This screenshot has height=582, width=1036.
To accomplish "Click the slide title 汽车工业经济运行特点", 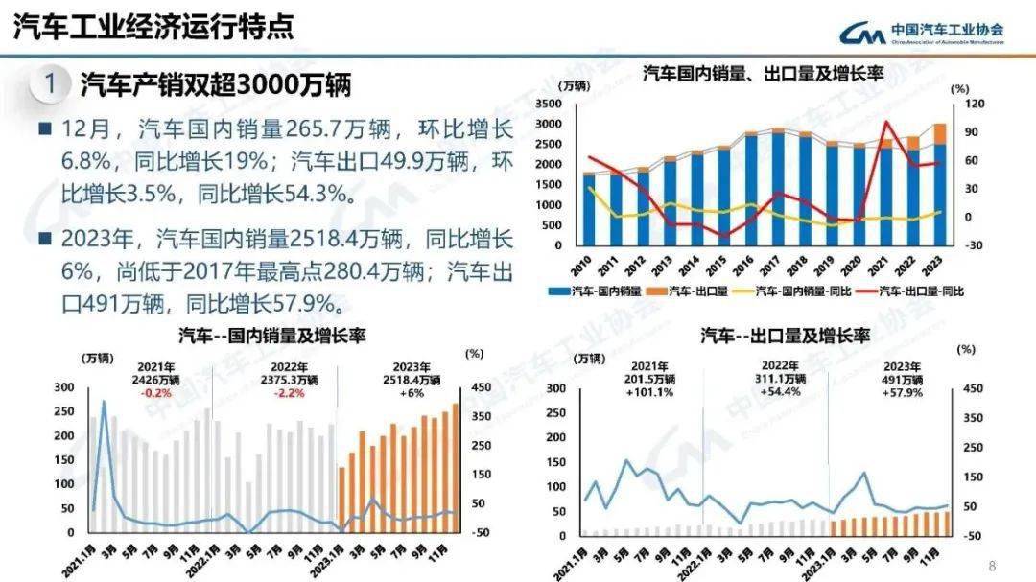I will pos(153,27).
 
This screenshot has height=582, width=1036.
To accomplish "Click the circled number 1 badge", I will pos(50,83).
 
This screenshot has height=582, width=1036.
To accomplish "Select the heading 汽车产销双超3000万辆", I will pos(216,84).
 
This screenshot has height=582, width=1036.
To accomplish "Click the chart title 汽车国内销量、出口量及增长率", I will pos(764,74).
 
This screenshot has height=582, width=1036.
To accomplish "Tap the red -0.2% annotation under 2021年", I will pos(155,393).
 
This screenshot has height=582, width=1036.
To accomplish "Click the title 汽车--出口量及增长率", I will pos(786,336).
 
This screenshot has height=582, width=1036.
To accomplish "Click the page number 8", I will pos(993,565).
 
